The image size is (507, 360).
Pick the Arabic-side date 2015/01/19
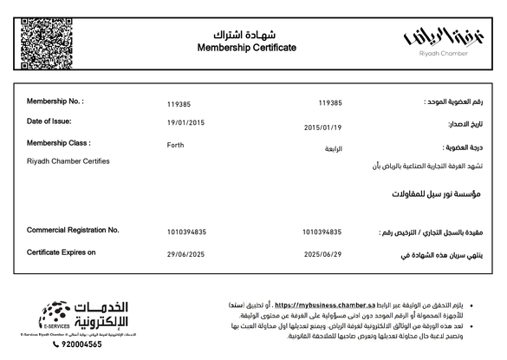(322, 128)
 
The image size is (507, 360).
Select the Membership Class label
(59, 142)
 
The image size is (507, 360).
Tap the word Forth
(175, 145)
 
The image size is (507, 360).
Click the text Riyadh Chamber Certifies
(68, 161)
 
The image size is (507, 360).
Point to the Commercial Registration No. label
(73, 230)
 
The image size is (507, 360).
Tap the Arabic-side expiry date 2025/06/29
(322, 255)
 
